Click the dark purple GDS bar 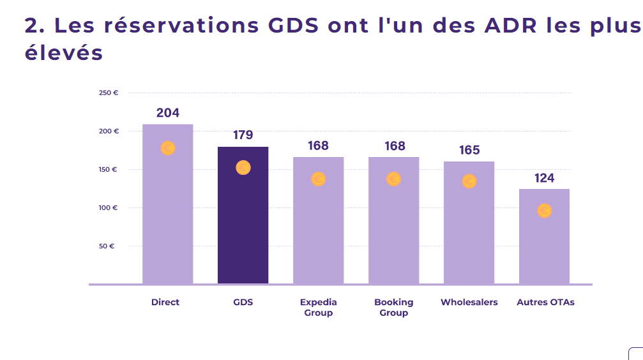click(x=243, y=215)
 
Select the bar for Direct click(x=168, y=204)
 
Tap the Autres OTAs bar click(x=544, y=237)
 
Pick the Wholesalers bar click(x=469, y=223)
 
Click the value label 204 click(x=168, y=113)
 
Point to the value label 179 click(x=243, y=135)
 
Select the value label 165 click(x=469, y=150)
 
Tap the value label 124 click(x=544, y=178)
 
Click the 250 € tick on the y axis click(x=109, y=93)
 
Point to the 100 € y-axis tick click(x=108, y=208)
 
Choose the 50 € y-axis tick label click(x=107, y=246)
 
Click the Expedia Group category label click(x=318, y=308)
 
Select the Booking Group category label click(x=394, y=308)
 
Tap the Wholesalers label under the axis click(x=469, y=302)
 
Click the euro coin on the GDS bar click(x=243, y=167)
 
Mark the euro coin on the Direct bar click(x=168, y=148)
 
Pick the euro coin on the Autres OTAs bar click(x=545, y=211)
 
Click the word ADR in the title click(x=511, y=26)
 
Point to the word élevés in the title click(x=64, y=53)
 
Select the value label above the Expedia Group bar click(x=318, y=146)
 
